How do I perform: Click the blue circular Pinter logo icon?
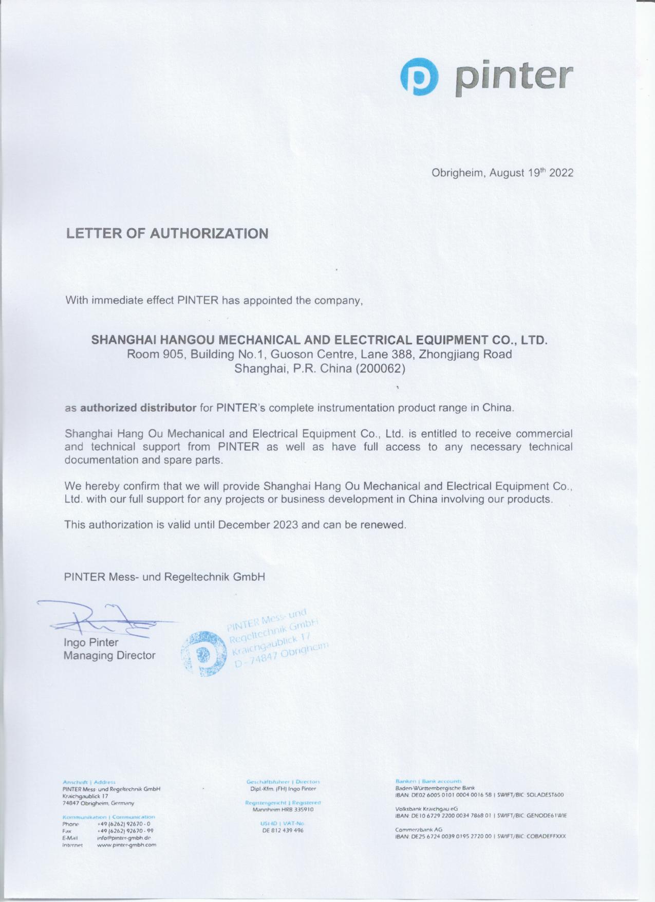coord(419,77)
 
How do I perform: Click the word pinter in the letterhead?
coord(514,77)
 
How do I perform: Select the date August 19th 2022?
coord(531,173)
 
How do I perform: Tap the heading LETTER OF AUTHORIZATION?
coord(167,233)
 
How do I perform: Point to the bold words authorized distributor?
coord(138,408)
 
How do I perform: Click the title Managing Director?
coord(109,655)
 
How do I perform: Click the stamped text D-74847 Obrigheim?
coord(282,655)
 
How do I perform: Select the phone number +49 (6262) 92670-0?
coord(123,823)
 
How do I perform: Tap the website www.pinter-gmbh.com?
coord(126,844)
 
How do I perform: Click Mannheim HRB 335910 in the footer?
coord(283,809)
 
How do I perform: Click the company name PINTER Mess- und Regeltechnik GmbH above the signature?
coord(164,577)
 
